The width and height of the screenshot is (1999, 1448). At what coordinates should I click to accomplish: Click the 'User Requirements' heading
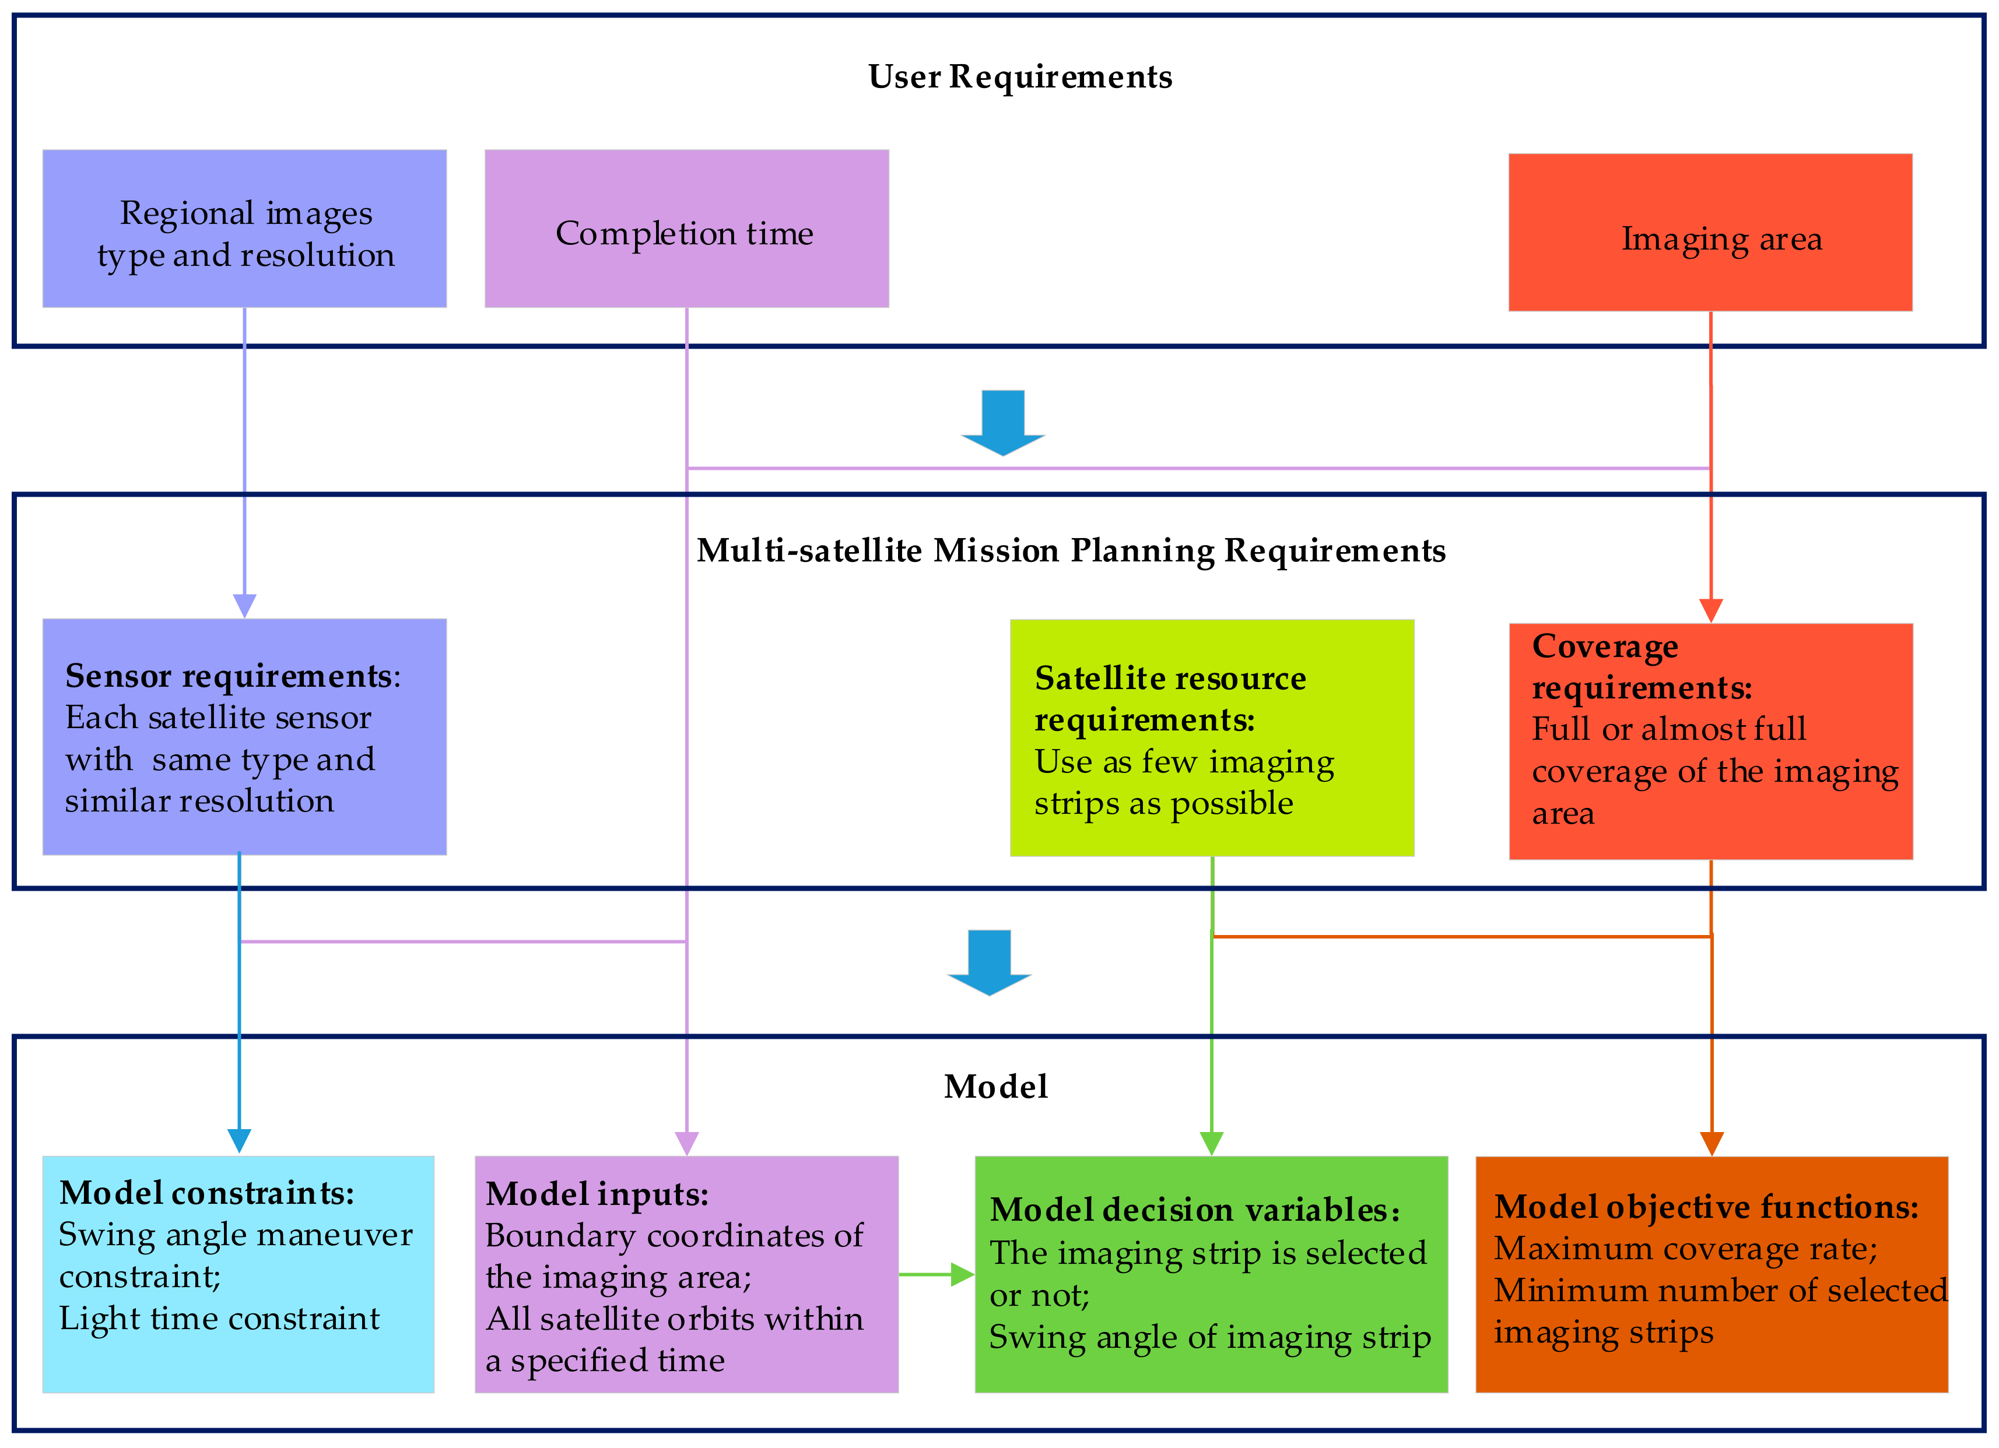click(x=1020, y=78)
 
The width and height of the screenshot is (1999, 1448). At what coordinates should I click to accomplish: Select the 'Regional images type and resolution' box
click(x=244, y=229)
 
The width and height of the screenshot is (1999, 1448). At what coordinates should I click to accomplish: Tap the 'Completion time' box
click(x=686, y=229)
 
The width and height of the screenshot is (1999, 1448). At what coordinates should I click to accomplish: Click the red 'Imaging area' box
click(x=1710, y=233)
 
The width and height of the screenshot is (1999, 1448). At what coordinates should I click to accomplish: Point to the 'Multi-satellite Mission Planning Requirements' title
click(x=1070, y=551)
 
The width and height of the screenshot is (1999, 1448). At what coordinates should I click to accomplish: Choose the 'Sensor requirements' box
click(x=244, y=737)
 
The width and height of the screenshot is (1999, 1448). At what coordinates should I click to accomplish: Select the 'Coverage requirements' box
click(x=1710, y=741)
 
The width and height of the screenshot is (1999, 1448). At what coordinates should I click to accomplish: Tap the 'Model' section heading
click(x=996, y=1087)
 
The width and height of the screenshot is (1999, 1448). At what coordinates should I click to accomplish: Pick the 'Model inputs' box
click(x=686, y=1274)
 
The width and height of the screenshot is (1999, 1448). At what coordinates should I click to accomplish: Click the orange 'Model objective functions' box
click(x=1711, y=1274)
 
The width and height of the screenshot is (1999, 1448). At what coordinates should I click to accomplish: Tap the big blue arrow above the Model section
click(x=989, y=962)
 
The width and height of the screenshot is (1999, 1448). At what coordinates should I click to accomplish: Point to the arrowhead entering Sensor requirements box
click(x=244, y=606)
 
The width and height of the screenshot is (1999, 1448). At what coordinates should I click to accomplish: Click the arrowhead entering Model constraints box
click(x=239, y=1140)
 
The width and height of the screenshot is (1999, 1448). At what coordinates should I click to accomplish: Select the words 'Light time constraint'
click(x=219, y=1319)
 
